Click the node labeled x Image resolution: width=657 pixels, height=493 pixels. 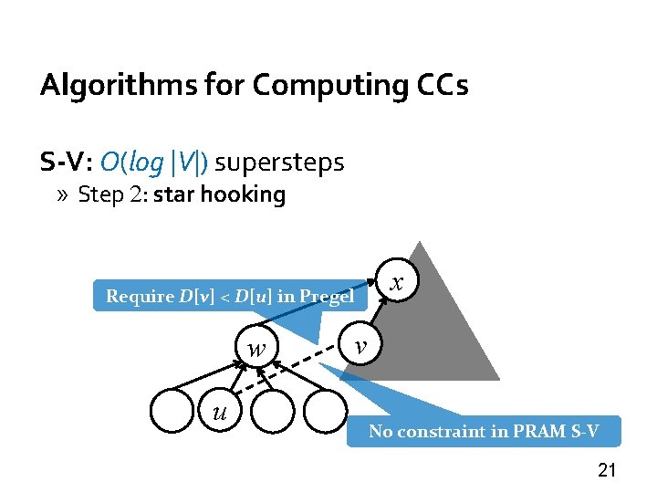click(396, 284)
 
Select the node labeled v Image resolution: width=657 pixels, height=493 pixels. click(362, 345)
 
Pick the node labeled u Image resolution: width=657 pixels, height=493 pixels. click(218, 412)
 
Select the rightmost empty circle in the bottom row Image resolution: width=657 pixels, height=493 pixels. click(325, 411)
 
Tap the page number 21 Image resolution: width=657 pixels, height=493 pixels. click(607, 470)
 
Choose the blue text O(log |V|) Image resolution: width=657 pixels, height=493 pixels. click(154, 163)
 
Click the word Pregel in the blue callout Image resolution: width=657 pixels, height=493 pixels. click(326, 296)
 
